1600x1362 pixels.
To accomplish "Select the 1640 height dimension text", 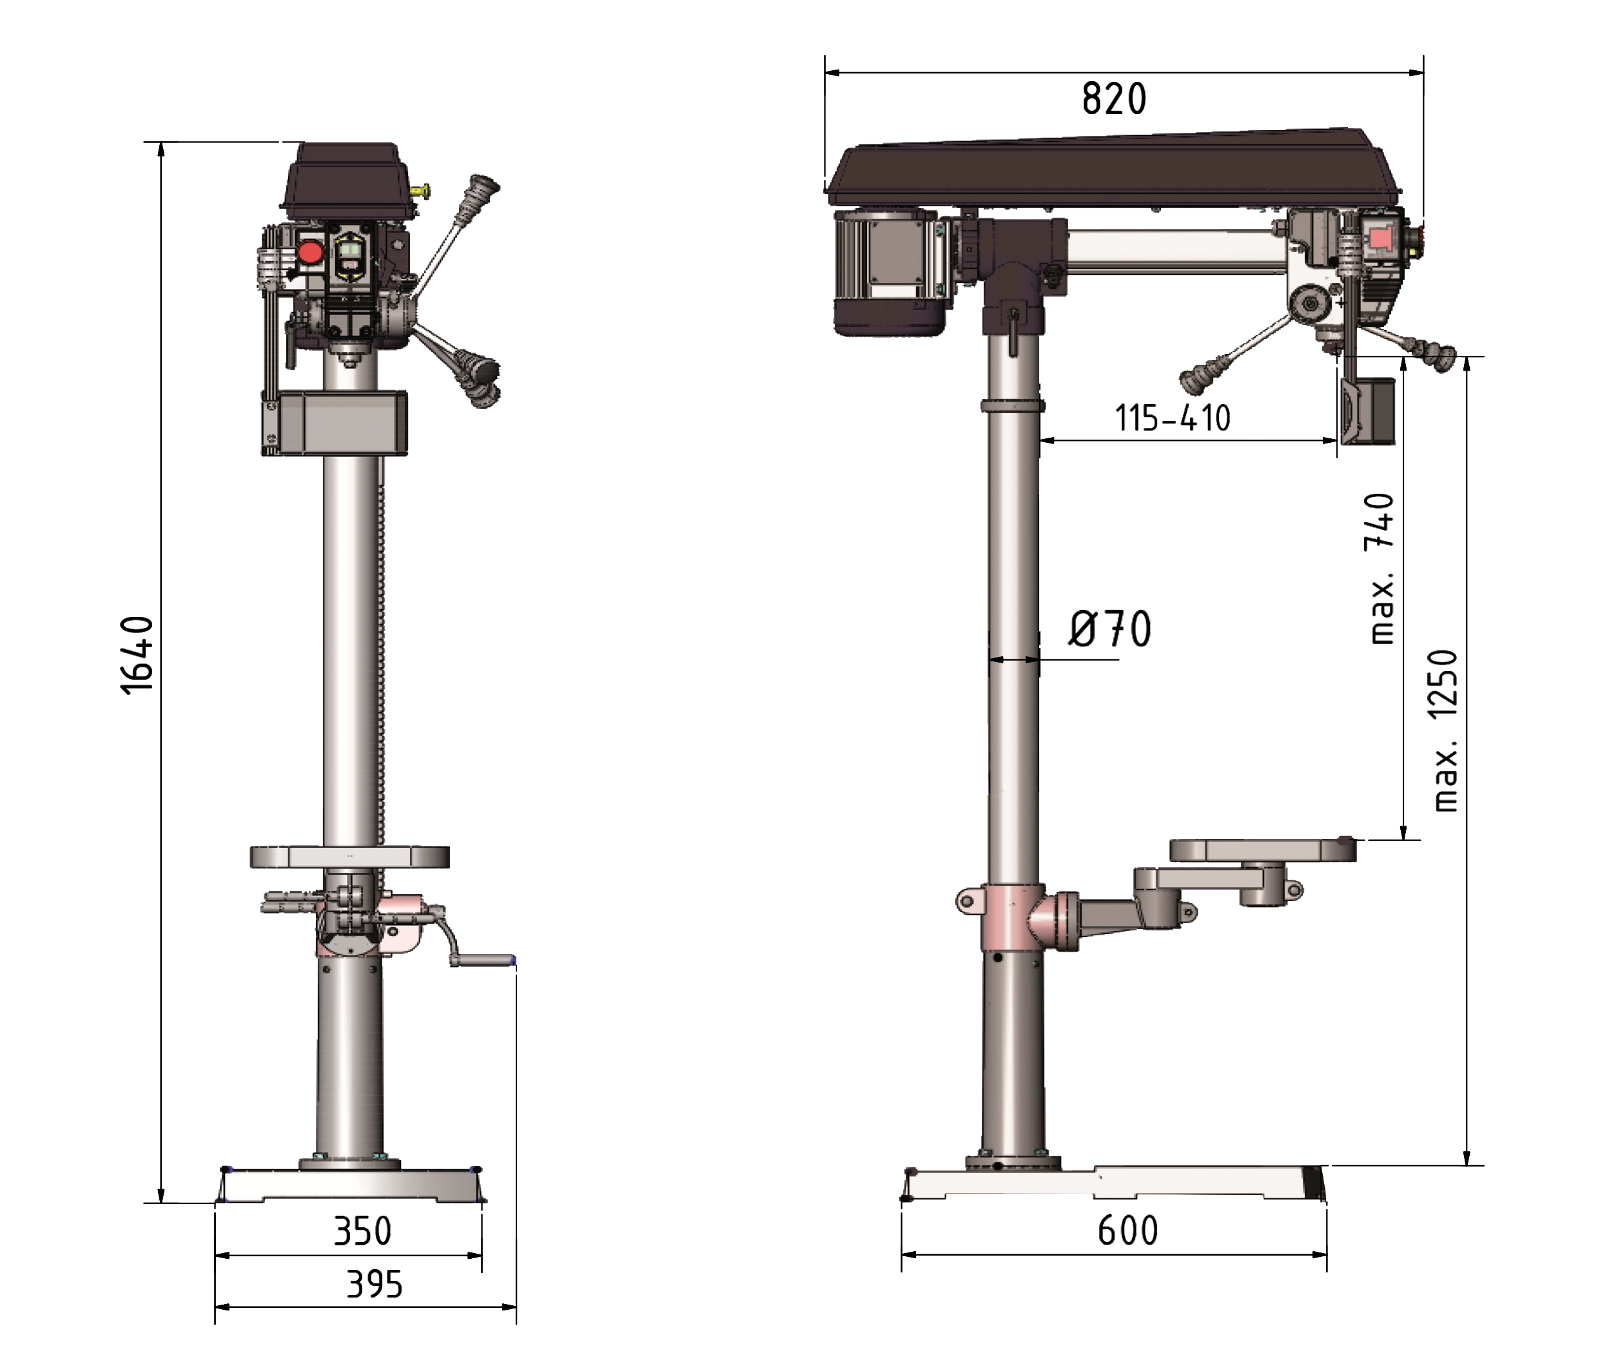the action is [x=138, y=656].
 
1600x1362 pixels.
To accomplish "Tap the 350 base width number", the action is [x=362, y=1231].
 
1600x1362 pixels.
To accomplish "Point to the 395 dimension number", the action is [x=375, y=1285].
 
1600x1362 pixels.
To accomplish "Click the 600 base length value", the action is [x=1128, y=1231].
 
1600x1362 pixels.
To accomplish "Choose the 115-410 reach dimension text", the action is [x=1172, y=418].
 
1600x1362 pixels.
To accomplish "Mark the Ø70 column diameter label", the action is [x=1109, y=628].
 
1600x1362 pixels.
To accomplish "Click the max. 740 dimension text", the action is [x=1381, y=569].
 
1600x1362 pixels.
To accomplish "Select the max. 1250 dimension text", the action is [x=1445, y=730].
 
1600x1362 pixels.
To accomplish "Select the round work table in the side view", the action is [x=1263, y=850].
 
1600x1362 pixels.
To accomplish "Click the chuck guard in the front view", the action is [x=335, y=422].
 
